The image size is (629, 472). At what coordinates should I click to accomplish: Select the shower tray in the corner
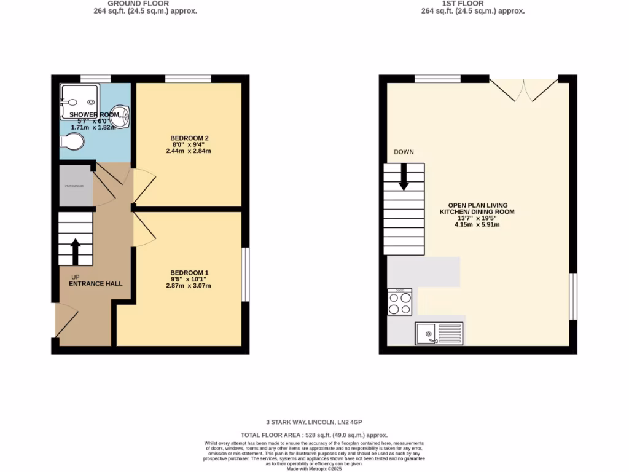click(x=79, y=101)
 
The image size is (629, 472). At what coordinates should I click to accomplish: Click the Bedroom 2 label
click(x=188, y=138)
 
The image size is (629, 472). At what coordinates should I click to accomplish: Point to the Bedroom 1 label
click(x=188, y=273)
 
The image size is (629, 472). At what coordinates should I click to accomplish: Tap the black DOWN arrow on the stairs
click(x=404, y=176)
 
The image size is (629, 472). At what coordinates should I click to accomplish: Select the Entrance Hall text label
click(x=95, y=283)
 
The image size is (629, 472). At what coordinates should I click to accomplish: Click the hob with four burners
click(x=400, y=302)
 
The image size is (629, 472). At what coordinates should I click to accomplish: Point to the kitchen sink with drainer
click(x=439, y=334)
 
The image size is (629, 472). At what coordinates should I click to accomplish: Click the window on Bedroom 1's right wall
click(x=245, y=274)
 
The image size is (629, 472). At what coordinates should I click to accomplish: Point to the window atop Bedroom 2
click(x=188, y=78)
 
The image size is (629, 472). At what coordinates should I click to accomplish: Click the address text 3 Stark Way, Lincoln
click(x=314, y=422)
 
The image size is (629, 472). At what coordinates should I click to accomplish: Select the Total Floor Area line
click(x=314, y=434)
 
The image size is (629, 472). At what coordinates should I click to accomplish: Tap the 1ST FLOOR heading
click(x=472, y=3)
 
